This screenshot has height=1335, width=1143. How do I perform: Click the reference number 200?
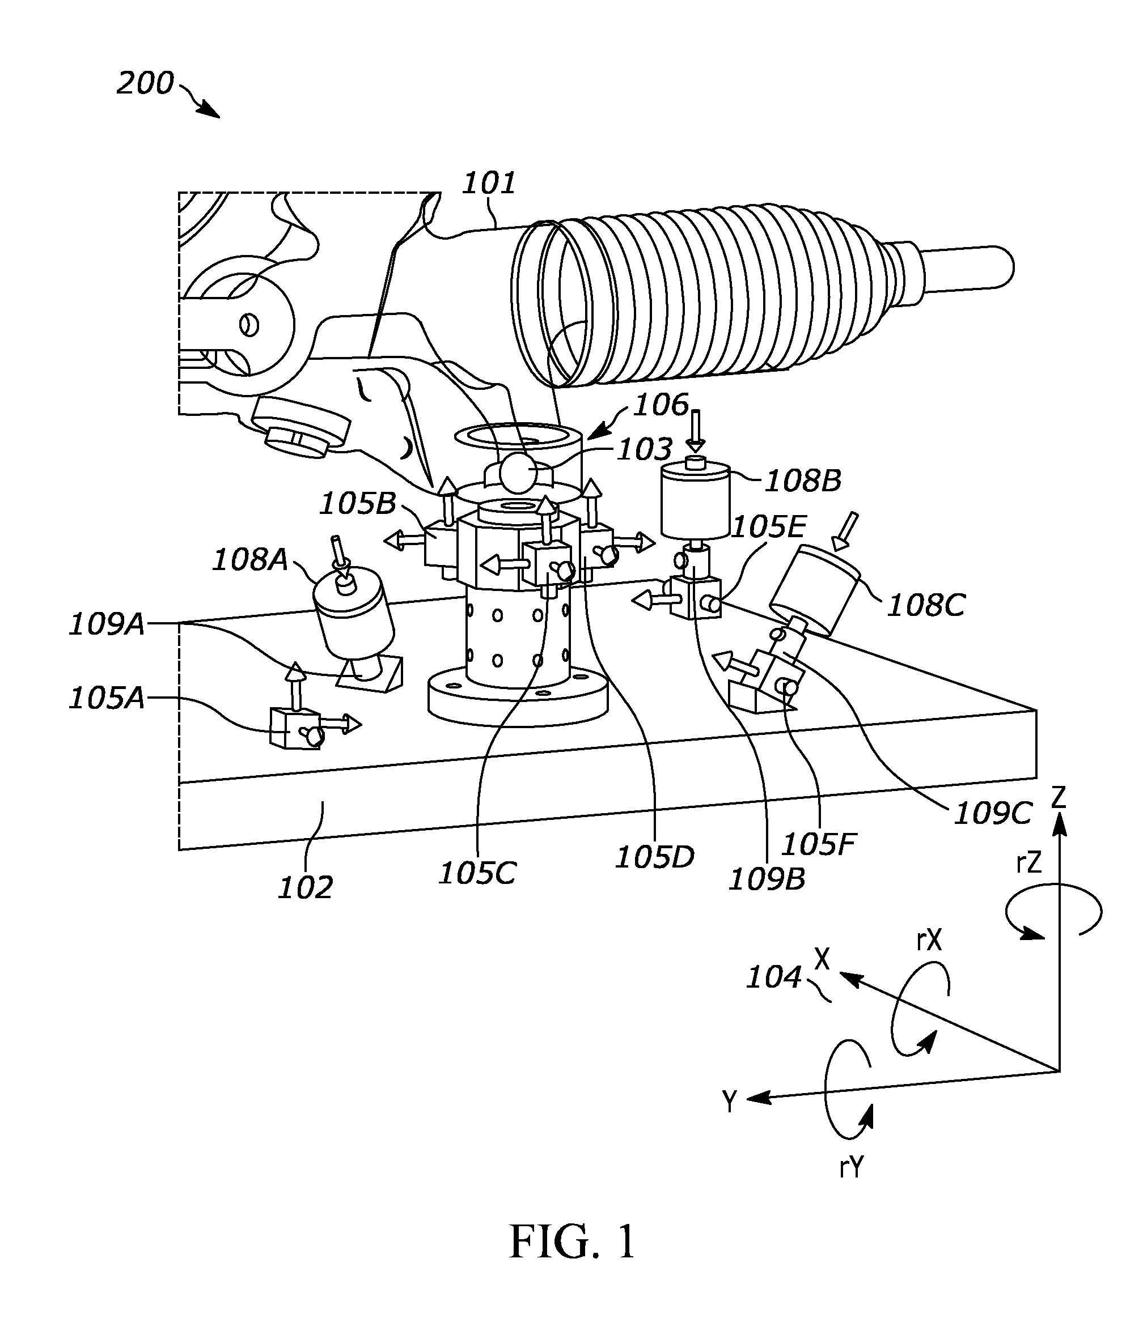click(145, 84)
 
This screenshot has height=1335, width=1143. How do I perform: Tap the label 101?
click(489, 184)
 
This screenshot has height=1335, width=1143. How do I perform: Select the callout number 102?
click(305, 888)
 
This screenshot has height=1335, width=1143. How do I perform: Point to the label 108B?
click(803, 481)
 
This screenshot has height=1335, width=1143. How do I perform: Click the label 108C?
click(926, 605)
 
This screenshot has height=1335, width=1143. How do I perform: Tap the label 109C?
click(993, 814)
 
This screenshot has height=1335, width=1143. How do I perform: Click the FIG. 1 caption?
click(573, 1242)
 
